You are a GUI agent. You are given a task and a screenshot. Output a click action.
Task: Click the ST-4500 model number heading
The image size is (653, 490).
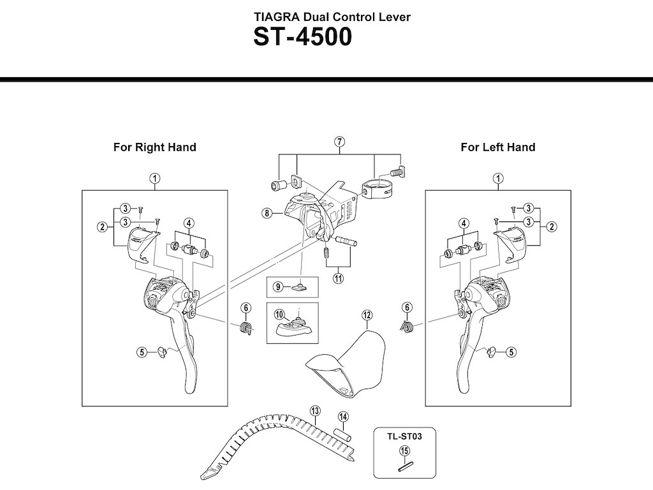click(x=302, y=37)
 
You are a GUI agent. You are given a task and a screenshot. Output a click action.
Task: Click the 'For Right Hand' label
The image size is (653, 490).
click(x=154, y=147)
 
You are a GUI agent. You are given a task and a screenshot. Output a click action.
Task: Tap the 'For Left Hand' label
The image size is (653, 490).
click(x=498, y=147)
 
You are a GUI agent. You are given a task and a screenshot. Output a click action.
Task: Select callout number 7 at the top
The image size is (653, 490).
click(x=340, y=141)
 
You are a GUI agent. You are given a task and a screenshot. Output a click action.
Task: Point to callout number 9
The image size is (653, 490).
click(x=278, y=286)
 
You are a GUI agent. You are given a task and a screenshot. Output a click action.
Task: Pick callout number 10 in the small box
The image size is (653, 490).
click(x=279, y=314)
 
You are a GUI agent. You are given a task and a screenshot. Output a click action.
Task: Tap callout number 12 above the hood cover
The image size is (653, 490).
click(x=366, y=315)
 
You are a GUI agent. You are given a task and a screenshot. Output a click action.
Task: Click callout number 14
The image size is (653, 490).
click(x=343, y=417)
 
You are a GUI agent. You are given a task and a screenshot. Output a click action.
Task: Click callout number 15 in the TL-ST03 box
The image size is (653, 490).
click(x=404, y=451)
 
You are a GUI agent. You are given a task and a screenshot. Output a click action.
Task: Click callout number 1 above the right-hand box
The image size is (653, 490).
click(x=154, y=178)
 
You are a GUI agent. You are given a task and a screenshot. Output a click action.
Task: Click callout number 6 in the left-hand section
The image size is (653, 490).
click(x=406, y=308)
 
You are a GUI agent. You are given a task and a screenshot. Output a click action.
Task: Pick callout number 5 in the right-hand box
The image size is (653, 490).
click(x=143, y=350)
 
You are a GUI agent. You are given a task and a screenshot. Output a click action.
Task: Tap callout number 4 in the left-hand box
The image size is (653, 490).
click(x=464, y=223)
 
